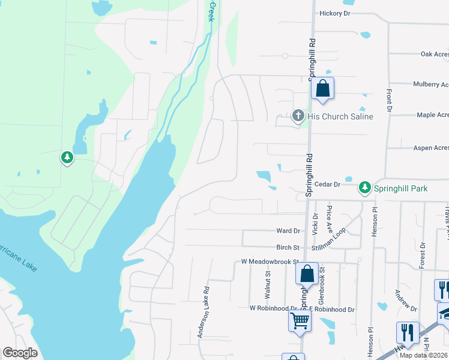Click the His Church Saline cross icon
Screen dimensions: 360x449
tap(298, 116)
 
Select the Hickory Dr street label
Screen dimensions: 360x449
tap(335, 13)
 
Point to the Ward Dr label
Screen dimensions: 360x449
tap(288, 231)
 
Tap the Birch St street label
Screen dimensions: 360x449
tap(288, 247)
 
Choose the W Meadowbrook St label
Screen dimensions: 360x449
tap(270, 262)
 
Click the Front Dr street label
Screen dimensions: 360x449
tap(389, 101)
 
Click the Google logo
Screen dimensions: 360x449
tap(20, 353)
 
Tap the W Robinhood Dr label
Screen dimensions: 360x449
tap(273, 308)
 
